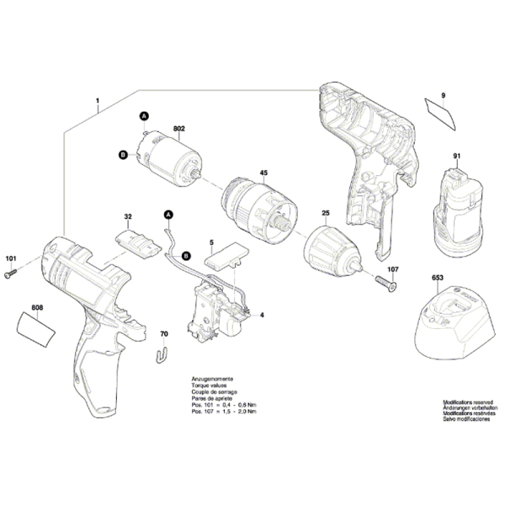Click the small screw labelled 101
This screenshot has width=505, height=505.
pos(12,273)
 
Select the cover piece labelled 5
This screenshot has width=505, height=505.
pos(223,254)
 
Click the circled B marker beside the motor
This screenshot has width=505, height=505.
pos(123,154)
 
